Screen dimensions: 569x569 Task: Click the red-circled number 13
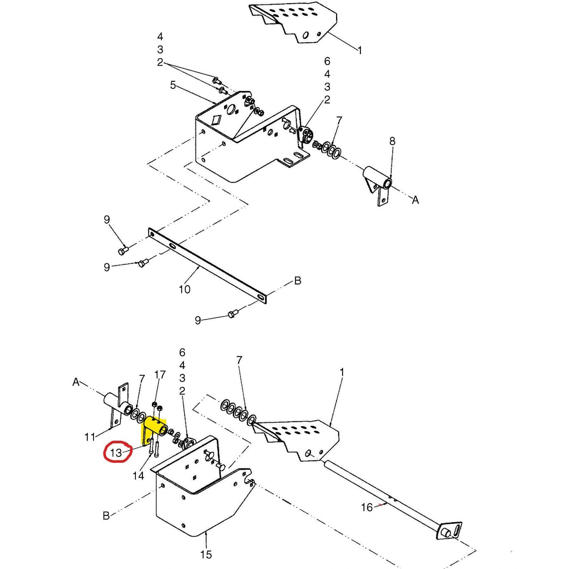click(x=116, y=453)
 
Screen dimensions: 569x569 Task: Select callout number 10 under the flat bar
click(x=184, y=289)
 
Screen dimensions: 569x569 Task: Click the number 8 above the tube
click(x=392, y=141)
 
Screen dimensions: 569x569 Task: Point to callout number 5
click(x=173, y=85)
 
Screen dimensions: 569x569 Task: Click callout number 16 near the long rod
click(x=367, y=507)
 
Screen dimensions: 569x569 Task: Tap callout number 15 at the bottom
click(x=206, y=554)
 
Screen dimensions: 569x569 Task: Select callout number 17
click(x=160, y=374)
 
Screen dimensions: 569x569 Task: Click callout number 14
click(x=138, y=475)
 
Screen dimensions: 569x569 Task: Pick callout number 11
click(x=90, y=437)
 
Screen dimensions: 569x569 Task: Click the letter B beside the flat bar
click(x=298, y=281)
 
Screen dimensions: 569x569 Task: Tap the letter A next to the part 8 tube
click(x=415, y=200)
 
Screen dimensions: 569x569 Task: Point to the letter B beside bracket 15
click(x=106, y=516)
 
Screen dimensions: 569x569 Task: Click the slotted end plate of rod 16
click(x=450, y=531)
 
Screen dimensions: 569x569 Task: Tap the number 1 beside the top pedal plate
click(x=360, y=50)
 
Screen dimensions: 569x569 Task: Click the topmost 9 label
click(x=107, y=219)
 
